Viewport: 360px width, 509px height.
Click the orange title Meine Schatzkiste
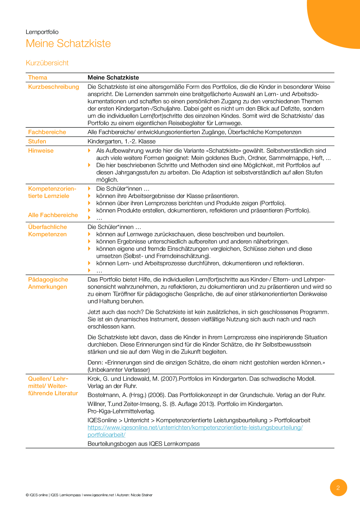[68, 44]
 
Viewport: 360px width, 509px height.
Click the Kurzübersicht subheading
[47, 63]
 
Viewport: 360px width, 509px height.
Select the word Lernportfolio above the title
[42, 32]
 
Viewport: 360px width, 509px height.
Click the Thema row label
[37, 77]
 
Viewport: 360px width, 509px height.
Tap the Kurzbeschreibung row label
[53, 87]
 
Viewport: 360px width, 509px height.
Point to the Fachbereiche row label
[47, 132]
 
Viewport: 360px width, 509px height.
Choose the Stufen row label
[37, 141]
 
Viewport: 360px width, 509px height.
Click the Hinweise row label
[41, 151]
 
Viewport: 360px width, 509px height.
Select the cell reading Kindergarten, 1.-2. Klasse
[121, 141]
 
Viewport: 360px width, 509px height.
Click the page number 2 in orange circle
[338, 488]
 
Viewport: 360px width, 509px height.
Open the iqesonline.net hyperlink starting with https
[195, 427]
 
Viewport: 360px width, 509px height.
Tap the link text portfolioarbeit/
[107, 435]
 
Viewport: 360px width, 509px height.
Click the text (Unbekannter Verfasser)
[119, 370]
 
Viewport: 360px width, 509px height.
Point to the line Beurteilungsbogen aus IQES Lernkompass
[143, 444]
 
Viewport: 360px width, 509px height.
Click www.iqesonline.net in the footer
[99, 495]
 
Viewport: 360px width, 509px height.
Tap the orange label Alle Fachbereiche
[53, 215]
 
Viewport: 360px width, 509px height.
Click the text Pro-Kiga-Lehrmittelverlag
[121, 411]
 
